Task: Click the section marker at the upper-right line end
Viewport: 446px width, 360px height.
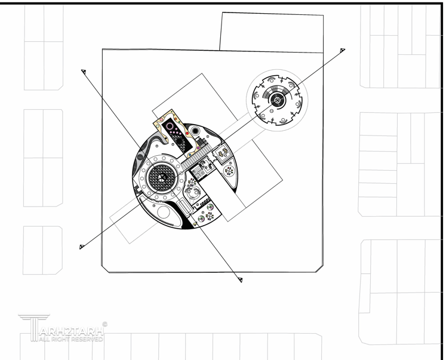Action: (342, 52)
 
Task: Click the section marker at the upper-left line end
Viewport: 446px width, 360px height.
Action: (84, 72)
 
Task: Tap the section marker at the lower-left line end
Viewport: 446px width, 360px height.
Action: (81, 247)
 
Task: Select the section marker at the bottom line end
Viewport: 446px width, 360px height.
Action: (241, 279)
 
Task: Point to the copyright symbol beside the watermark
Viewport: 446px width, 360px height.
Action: (105, 324)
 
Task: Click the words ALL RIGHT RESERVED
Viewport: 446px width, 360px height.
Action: (70, 339)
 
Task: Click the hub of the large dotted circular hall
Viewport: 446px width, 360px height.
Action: (162, 176)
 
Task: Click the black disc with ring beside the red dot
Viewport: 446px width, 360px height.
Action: (195, 131)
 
